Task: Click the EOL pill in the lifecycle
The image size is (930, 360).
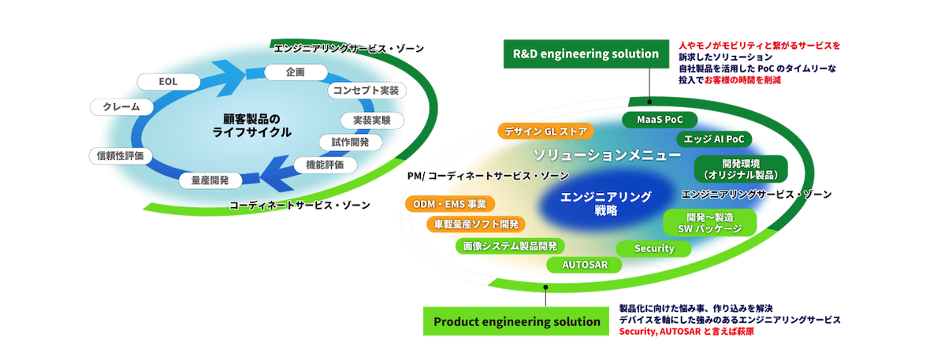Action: point(168,81)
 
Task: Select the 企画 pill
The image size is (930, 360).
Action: point(285,72)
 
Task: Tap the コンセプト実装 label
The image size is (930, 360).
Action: point(365,91)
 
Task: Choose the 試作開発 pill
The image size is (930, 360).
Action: point(350,143)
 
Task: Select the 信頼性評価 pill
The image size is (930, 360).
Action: point(120,156)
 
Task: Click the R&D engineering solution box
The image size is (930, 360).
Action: point(585,54)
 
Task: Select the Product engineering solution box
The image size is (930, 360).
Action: point(516,321)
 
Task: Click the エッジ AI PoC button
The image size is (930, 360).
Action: point(710,139)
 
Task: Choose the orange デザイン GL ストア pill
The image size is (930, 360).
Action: point(546,132)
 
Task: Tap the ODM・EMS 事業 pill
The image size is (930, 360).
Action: point(448,204)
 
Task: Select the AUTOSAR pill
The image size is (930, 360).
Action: point(584,265)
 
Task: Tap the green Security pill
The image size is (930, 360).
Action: point(654,249)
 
